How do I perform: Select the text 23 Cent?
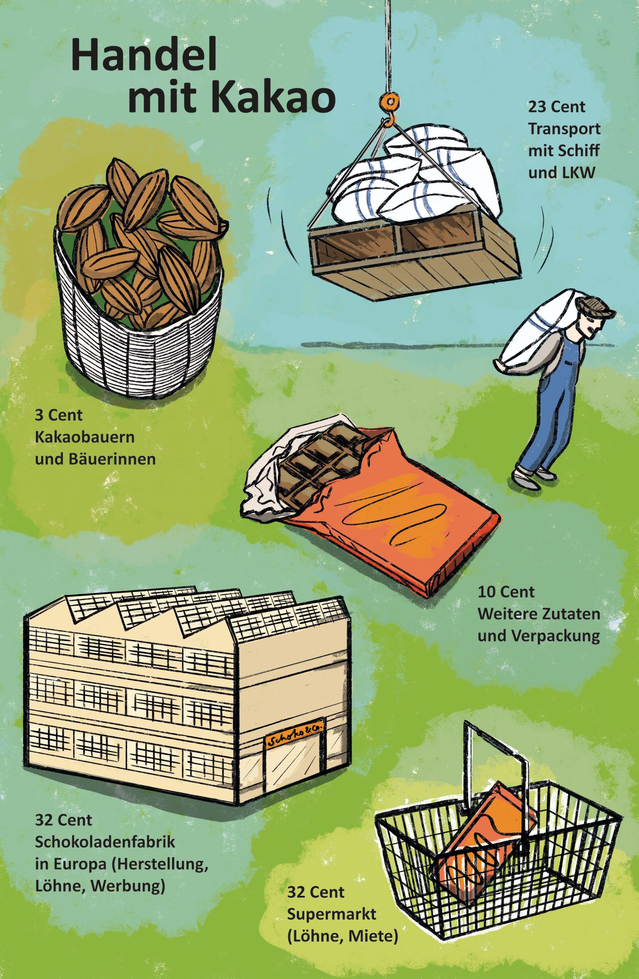pyautogui.click(x=557, y=108)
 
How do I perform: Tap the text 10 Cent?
pyautogui.click(x=506, y=592)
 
